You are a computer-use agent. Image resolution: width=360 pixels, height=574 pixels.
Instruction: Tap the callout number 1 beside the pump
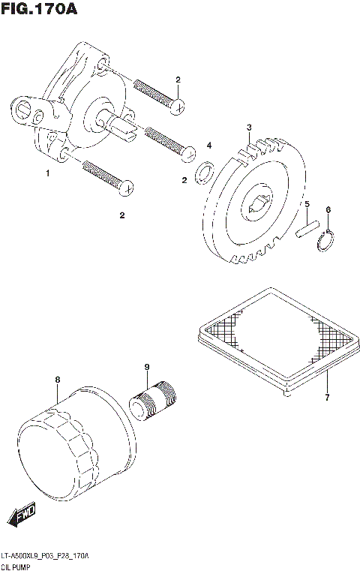point(47,173)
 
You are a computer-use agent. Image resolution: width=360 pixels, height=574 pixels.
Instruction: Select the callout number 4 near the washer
point(209,146)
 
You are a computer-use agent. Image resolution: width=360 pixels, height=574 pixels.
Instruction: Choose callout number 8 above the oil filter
point(58,380)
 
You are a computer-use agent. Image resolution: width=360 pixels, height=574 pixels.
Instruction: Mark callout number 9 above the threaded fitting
point(147,367)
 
